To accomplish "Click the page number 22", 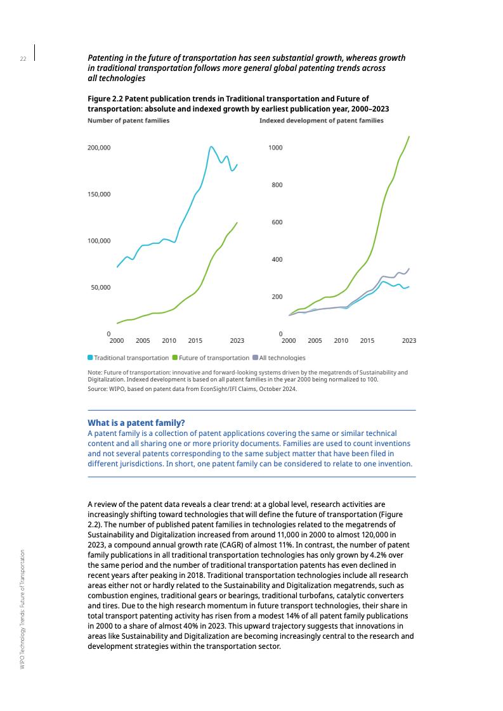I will (x=23, y=59).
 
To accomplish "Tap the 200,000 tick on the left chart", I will (x=99, y=148).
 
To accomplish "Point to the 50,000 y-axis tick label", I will (x=101, y=287).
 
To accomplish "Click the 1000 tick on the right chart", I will (x=275, y=148).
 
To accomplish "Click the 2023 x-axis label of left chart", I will (x=237, y=341).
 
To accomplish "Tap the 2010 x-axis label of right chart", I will (x=341, y=341).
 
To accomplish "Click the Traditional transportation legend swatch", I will (x=90, y=358).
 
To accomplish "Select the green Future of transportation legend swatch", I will (x=175, y=358).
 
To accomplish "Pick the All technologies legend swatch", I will (x=255, y=358).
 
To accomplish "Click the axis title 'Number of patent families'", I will (x=128, y=120).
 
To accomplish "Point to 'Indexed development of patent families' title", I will (x=321, y=120).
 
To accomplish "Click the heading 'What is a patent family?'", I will (x=136, y=423).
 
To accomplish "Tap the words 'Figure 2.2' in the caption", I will (x=105, y=99).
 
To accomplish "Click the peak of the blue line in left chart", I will (x=211, y=147).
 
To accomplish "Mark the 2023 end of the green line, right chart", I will (x=409, y=136).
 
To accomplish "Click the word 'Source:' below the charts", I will (x=98, y=388).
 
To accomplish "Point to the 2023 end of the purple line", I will (x=409, y=269).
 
